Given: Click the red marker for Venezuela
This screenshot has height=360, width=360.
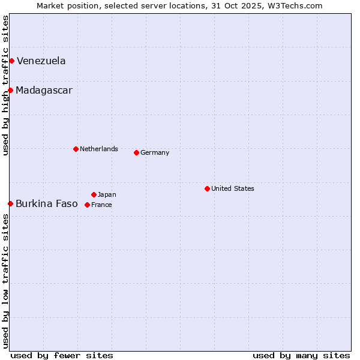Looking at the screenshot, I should point(11,61).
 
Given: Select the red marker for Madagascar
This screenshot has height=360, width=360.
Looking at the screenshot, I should point(10,90).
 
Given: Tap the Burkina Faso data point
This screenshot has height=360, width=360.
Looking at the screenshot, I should point(10,203).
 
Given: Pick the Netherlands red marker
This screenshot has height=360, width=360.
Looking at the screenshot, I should point(76,149).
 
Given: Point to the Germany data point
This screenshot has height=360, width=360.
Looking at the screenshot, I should point(136,152).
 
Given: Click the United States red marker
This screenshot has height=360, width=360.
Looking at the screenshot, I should point(207,188).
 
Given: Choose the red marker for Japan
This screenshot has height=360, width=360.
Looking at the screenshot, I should point(94,194).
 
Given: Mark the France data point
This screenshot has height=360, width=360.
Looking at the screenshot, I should point(87,205).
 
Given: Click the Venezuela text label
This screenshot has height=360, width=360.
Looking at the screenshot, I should point(41,61).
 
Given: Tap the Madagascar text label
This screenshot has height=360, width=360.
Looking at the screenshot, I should point(44,90).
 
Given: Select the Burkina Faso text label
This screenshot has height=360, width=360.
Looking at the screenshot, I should point(47,203).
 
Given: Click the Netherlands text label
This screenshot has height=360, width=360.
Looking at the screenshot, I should point(99,149).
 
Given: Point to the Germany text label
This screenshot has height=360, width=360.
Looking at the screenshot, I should point(155,152).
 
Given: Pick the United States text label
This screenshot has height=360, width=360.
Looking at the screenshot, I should point(233,188).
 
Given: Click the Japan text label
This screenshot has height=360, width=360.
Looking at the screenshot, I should point(107,194).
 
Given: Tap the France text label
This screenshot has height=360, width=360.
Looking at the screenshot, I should point(101,205).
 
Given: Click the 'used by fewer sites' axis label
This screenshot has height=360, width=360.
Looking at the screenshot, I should point(62,355).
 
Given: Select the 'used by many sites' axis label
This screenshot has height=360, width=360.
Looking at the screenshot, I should point(301,355).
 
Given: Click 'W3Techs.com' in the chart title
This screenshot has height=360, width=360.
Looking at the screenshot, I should point(295,5).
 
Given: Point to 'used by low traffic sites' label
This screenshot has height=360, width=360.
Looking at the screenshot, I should point(5,281).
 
